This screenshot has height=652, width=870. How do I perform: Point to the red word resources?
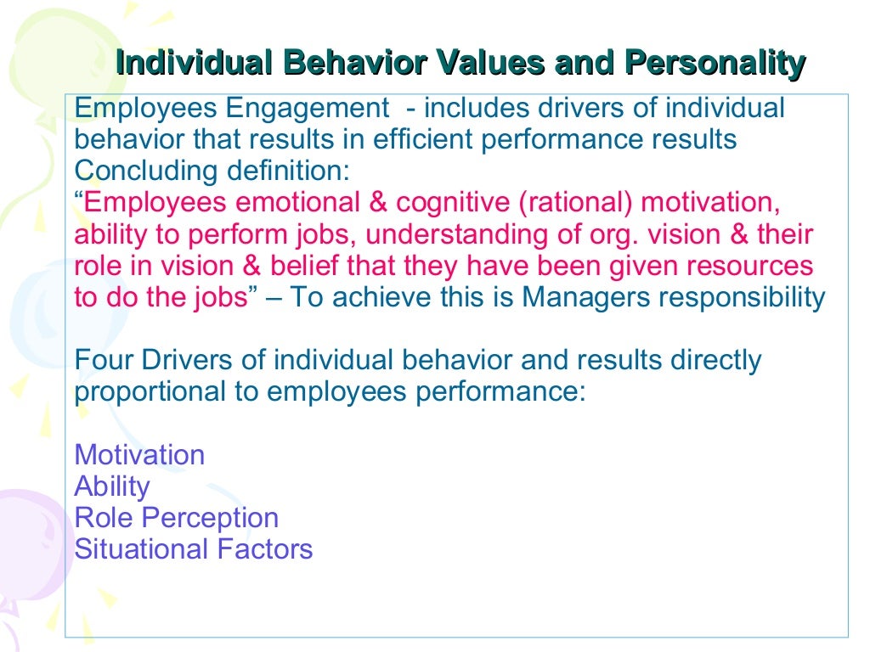click(x=750, y=266)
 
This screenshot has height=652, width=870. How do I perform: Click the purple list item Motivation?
click(x=139, y=455)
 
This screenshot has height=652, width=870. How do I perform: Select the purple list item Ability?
click(x=112, y=486)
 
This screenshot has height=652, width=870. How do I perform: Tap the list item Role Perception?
click(x=176, y=518)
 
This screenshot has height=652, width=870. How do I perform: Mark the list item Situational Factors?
click(x=194, y=549)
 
